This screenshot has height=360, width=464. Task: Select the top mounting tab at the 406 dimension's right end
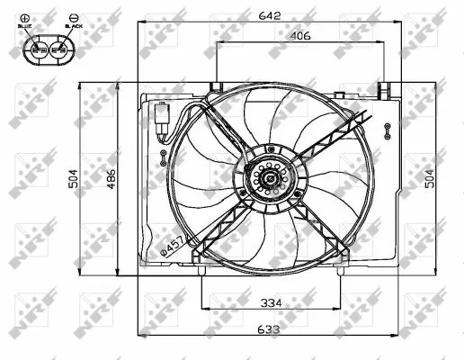(x=384, y=89)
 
